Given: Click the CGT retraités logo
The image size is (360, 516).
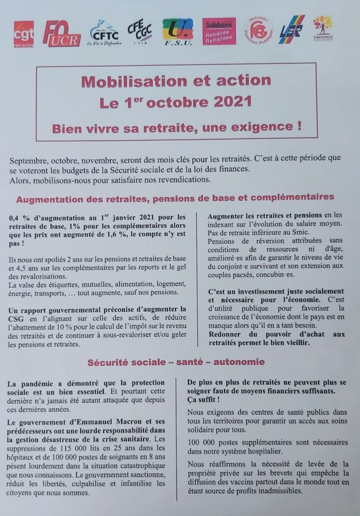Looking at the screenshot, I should (24, 33).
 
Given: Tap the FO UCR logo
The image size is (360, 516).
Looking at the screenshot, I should (61, 34).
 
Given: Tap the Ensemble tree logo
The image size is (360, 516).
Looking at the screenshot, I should (323, 30).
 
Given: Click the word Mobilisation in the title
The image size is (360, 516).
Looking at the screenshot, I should (121, 81).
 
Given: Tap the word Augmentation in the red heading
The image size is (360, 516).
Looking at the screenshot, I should (48, 199).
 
